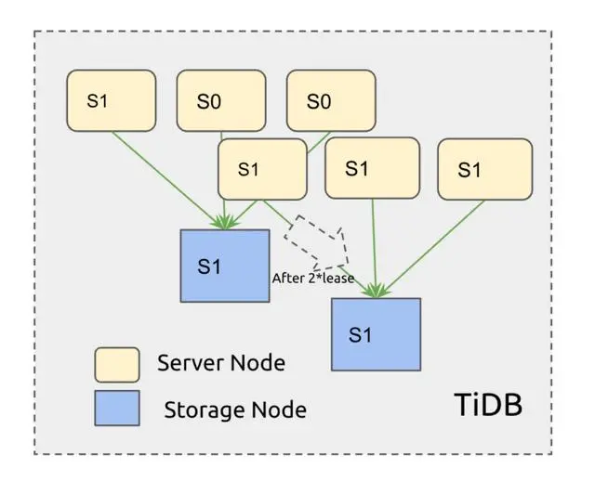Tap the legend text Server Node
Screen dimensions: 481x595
[x=221, y=362]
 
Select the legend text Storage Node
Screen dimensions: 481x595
[x=235, y=408]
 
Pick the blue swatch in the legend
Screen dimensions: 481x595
[x=116, y=408]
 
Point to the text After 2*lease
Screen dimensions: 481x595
[x=312, y=277]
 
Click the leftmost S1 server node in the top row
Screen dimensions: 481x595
[x=111, y=100]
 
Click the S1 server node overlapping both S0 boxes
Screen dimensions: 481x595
[x=262, y=169]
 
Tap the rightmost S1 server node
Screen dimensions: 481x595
[x=484, y=169]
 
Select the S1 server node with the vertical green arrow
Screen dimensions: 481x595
[x=372, y=167]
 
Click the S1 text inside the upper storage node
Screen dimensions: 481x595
[x=209, y=266]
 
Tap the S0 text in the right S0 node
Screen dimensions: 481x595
[x=318, y=100]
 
